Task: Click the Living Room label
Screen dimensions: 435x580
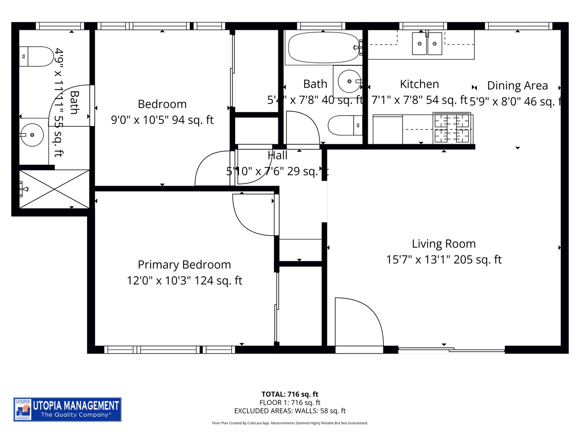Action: (443, 244)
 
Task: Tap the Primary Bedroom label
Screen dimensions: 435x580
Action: (184, 265)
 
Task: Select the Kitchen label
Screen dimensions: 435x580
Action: (419, 84)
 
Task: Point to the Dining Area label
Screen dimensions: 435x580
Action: (518, 85)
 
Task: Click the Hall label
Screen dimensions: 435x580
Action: (278, 155)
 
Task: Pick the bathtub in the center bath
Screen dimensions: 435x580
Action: (323, 48)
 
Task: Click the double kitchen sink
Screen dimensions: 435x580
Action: (427, 43)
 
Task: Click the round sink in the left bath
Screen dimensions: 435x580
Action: (32, 135)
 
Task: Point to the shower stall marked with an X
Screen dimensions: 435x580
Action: (54, 189)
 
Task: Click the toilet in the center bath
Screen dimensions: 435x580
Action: (344, 125)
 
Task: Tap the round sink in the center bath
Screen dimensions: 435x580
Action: (349, 81)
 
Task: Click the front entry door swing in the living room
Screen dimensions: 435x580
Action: (356, 322)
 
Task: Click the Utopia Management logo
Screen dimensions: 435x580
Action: (67, 409)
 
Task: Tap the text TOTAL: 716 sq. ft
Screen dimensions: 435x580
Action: (290, 394)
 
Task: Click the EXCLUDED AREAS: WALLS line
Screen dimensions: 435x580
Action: (290, 411)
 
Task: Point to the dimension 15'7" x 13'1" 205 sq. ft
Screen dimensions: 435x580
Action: (443, 260)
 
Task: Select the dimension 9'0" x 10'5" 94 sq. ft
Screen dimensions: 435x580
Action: (162, 120)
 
